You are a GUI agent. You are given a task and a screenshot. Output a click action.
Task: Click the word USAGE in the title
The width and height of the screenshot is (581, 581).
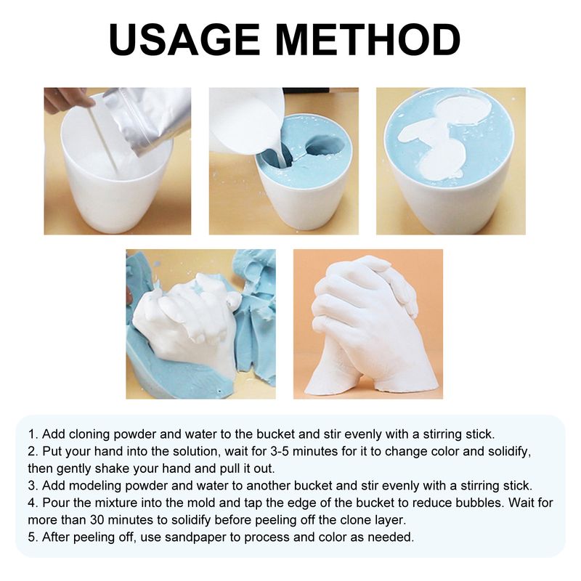click(184, 39)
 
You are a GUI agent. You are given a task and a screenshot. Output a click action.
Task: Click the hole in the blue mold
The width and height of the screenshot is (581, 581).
click(324, 145)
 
